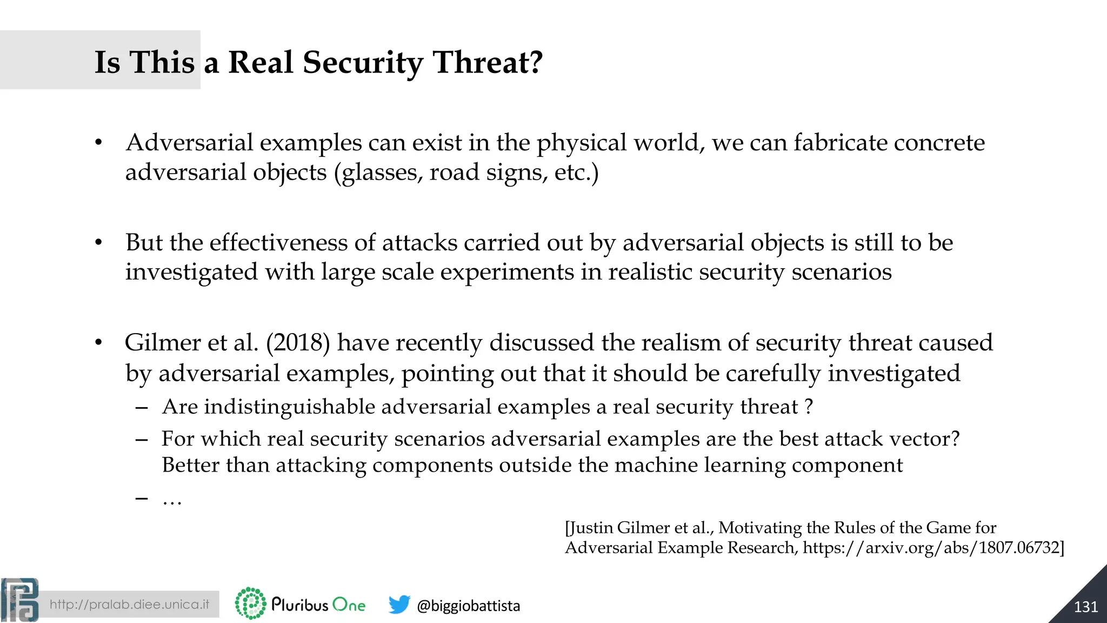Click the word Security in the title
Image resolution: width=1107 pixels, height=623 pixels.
[362, 62]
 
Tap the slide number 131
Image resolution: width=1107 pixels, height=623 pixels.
[1085, 607]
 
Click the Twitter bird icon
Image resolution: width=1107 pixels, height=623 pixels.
[399, 605]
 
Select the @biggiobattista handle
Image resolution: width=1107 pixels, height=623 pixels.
[468, 606]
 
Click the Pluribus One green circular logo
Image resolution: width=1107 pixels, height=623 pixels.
[250, 604]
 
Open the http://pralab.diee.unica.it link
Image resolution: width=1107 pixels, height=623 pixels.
[129, 605]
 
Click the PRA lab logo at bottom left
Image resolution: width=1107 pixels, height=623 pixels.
[20, 600]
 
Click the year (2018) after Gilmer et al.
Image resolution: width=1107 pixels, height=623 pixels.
[298, 343]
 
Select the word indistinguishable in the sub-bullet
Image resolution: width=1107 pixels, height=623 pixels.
[290, 407]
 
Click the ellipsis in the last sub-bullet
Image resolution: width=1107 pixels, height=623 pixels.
[172, 500]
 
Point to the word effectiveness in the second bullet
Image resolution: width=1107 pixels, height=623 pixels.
[278, 243]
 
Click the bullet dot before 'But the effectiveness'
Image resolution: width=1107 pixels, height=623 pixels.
[98, 243]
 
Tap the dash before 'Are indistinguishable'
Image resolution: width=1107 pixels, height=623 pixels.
[142, 407]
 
